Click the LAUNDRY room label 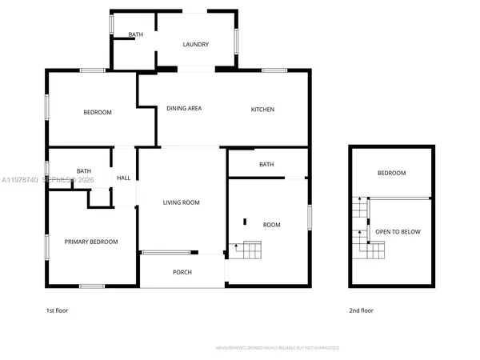tap(196, 45)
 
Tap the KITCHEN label tap(263, 110)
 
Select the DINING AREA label tap(183, 109)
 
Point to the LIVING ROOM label tap(181, 202)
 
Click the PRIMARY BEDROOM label tap(91, 242)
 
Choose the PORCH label tap(182, 273)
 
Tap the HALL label tap(123, 178)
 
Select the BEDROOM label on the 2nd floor tap(392, 173)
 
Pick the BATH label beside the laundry tap(135, 34)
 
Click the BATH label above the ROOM tap(266, 165)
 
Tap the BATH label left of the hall tap(84, 171)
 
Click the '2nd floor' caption tap(362, 310)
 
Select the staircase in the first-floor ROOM tap(247, 249)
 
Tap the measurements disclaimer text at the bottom tap(278, 348)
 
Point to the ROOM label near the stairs tap(272, 225)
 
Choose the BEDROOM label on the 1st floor tap(98, 112)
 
